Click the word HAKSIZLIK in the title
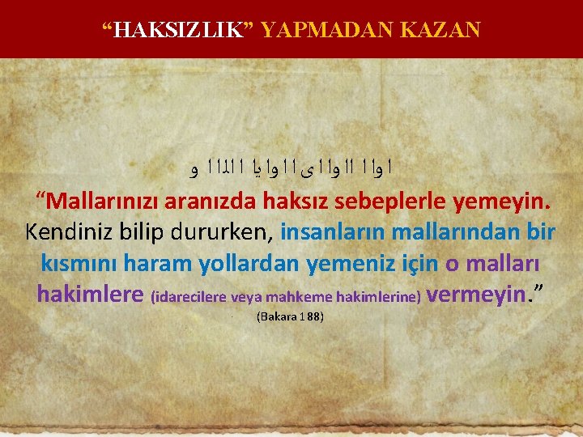coord(178,31)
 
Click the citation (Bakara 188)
coord(290,316)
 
